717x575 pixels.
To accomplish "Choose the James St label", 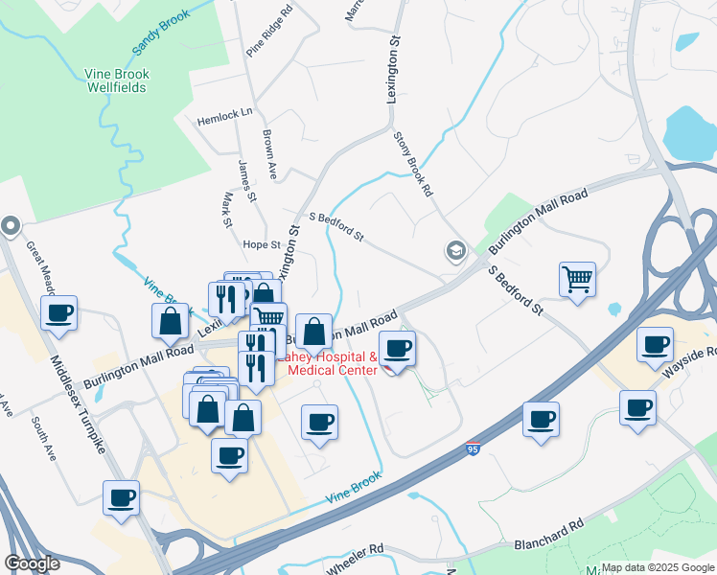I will point(246,180).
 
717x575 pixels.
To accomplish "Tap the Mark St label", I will point(228,210).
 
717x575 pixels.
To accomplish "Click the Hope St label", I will point(261,245).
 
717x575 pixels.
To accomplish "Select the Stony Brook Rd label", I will point(413,163).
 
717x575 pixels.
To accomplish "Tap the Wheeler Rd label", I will point(355,560).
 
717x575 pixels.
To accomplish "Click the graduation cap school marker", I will point(455,252).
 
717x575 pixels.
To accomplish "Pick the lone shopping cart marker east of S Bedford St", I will point(577,280).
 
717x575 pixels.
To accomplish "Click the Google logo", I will point(32,563).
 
